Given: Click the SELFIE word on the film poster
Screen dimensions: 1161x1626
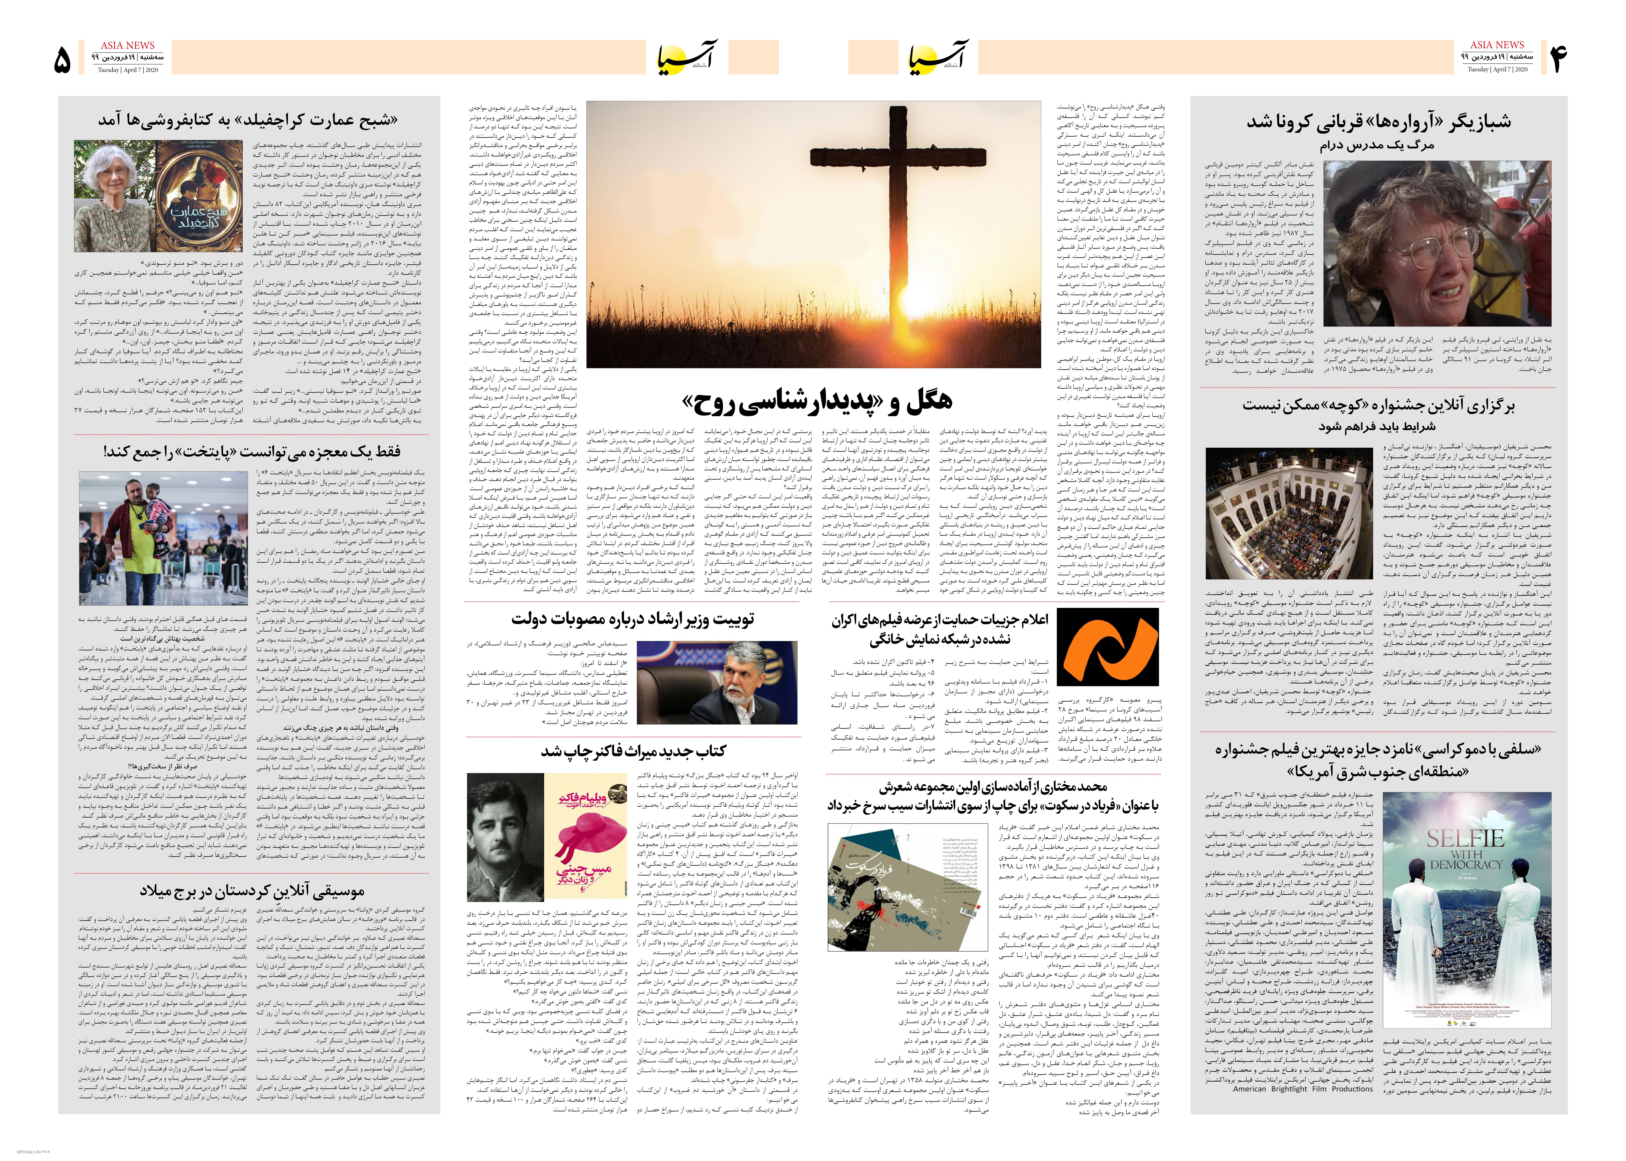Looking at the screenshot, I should click(1465, 838).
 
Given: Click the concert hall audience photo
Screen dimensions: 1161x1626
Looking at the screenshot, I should click(1289, 513).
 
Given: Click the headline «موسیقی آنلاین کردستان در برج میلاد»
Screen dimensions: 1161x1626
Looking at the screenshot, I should click(252, 891).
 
